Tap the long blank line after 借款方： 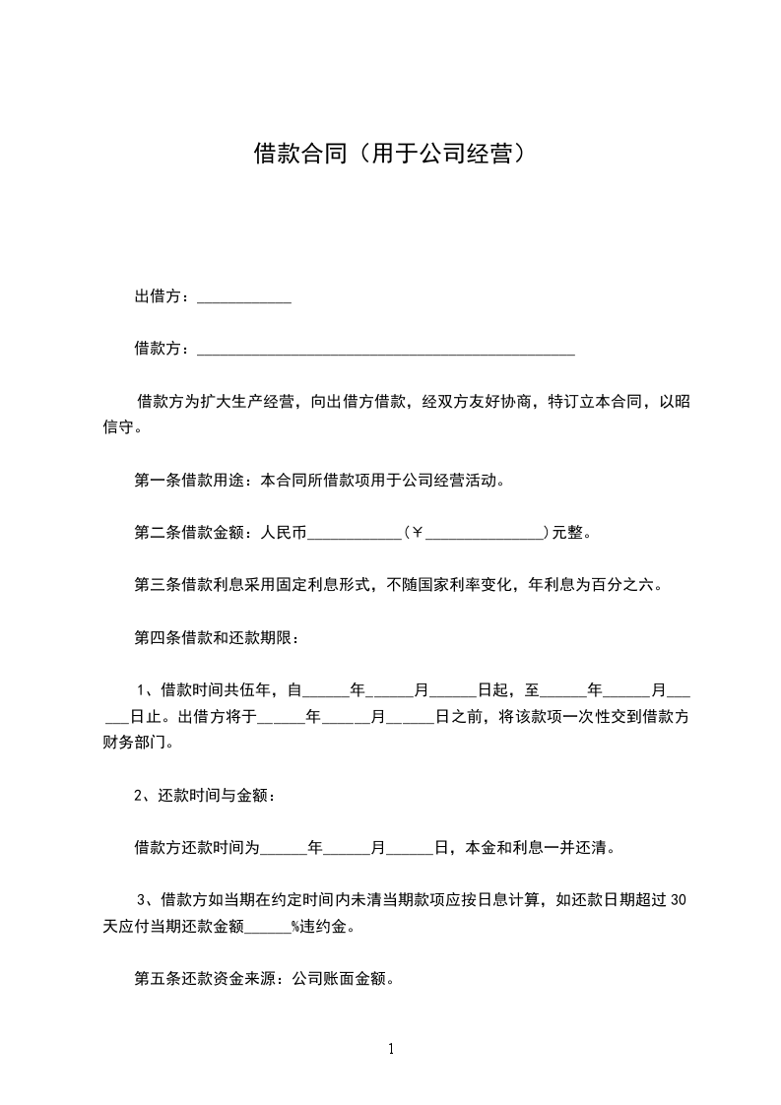(x=386, y=350)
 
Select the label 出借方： (x=164, y=296)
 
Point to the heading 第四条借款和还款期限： (x=216, y=636)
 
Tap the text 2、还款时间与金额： (x=204, y=795)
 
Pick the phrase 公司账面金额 (x=336, y=979)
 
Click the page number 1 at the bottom (x=391, y=1049)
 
